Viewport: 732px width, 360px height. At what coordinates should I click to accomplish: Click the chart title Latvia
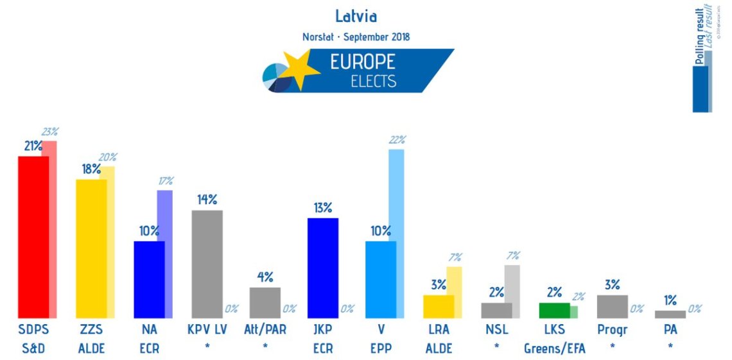[356, 16]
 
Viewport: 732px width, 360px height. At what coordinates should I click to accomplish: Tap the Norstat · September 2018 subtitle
[356, 37]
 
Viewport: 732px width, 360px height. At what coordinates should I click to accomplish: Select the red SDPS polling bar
[33, 237]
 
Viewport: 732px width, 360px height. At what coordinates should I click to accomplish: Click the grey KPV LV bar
[207, 264]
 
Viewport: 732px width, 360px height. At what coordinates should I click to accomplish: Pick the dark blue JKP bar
[323, 268]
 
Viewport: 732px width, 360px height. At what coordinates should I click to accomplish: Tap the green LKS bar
[554, 311]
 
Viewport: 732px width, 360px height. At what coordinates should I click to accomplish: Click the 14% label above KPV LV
[207, 200]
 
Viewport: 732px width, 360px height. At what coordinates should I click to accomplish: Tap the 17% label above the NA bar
[166, 180]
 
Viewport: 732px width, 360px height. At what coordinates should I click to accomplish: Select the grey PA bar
[670, 314]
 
